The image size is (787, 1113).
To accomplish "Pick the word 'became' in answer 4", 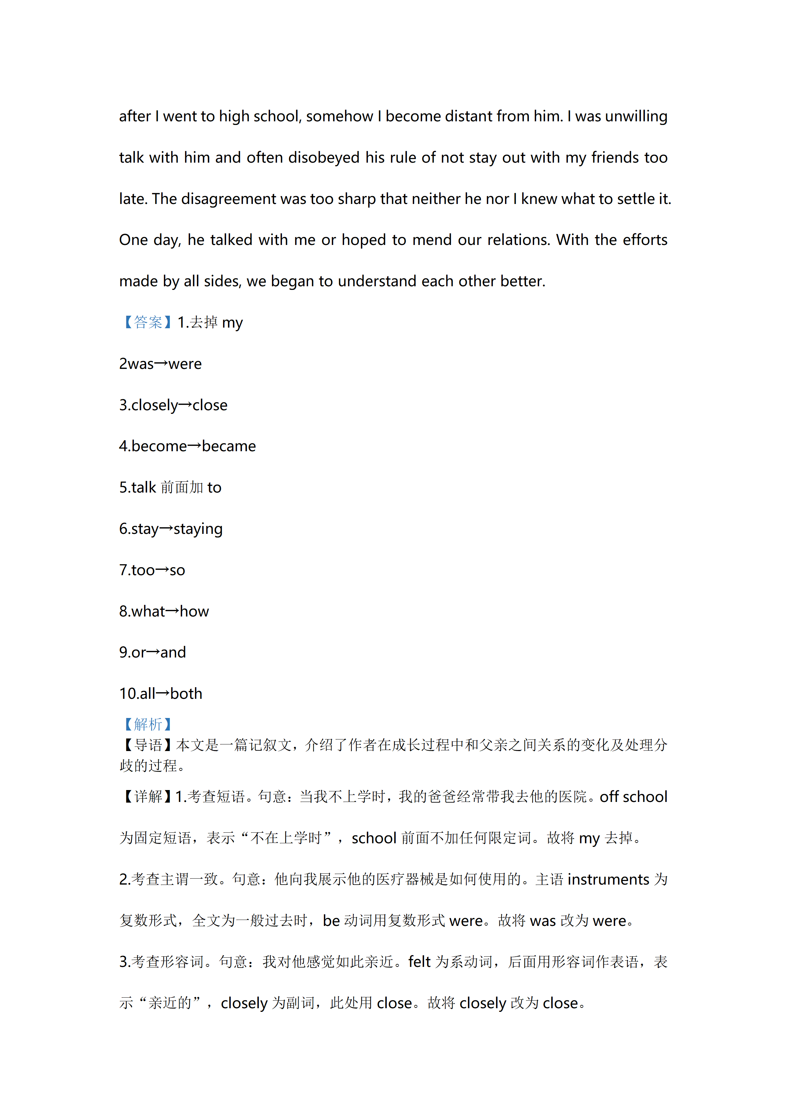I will [229, 446].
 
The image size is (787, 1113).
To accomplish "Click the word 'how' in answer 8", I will [194, 611].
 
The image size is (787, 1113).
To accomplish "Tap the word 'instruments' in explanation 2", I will [608, 879].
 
